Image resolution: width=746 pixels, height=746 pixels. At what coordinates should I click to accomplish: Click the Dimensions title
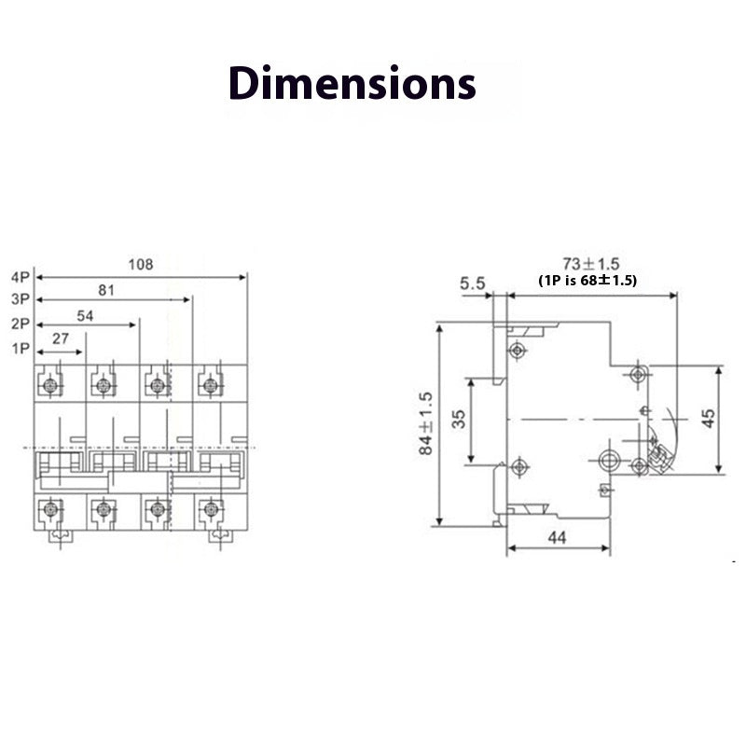pos(352,83)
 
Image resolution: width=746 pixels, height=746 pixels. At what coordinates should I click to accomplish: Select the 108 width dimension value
pos(140,265)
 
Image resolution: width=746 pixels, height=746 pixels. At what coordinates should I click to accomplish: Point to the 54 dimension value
pos(85,315)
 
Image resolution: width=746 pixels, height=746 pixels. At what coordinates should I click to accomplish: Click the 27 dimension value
pos(61,339)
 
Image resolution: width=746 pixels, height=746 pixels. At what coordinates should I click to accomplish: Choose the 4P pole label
pos(21,277)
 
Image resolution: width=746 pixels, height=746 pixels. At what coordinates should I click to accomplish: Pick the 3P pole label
pos(21,299)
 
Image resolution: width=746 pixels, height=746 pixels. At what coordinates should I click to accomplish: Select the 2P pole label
pos(21,324)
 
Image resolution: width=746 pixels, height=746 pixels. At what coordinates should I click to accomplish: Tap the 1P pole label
pos(21,348)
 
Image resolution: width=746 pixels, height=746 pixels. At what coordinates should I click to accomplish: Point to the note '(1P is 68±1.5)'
pos(587,280)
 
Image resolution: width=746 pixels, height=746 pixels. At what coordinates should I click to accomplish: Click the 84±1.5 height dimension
pos(426,422)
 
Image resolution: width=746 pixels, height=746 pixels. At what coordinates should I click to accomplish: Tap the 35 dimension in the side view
pos(458,419)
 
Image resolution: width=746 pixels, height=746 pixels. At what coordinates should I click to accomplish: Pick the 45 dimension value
pos(708,419)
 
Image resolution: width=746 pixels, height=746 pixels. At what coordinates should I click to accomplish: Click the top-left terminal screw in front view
pos(50,383)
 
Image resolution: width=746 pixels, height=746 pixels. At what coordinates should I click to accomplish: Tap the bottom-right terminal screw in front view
pos(211,509)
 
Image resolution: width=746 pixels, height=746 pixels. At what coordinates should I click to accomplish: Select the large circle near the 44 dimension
pos(609,458)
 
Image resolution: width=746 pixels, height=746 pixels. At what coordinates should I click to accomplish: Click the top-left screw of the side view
pos(517,351)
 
